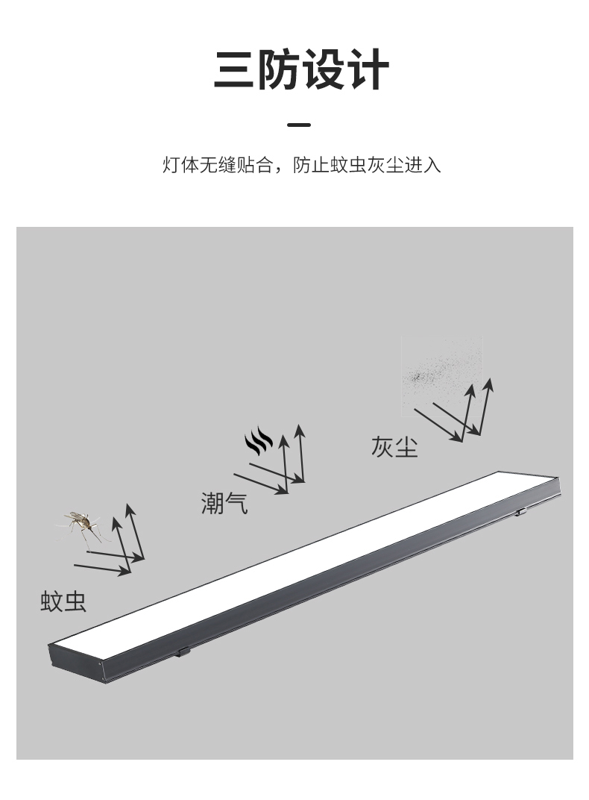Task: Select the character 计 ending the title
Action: pos(366,70)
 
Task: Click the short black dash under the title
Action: pos(299,125)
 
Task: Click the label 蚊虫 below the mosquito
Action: pos(63,601)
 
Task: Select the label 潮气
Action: pos(224,504)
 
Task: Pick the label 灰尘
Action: pos(394,446)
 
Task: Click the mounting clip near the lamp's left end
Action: pos(183,651)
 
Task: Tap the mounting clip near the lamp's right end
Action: pos(521,512)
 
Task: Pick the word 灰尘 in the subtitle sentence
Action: pos(385,165)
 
